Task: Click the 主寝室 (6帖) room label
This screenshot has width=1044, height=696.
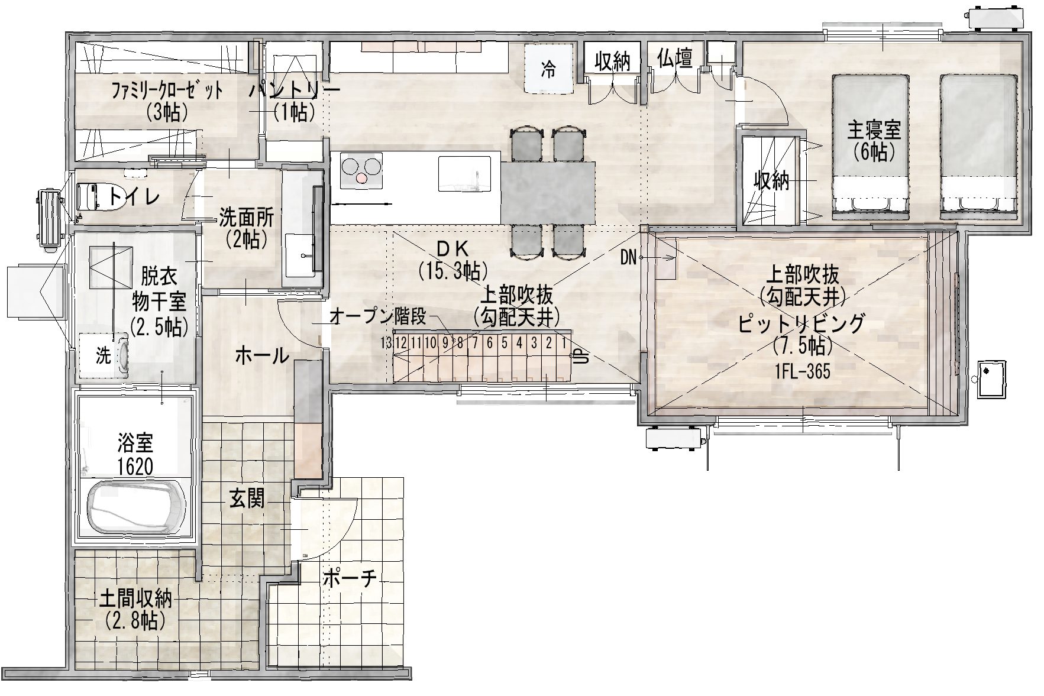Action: pyautogui.click(x=874, y=141)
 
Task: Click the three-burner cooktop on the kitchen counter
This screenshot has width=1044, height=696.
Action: pyautogui.click(x=361, y=171)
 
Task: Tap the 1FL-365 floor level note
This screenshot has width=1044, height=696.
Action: pyautogui.click(x=802, y=371)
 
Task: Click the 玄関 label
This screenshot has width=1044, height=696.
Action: pyautogui.click(x=247, y=500)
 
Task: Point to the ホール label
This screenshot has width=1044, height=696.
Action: pyautogui.click(x=262, y=356)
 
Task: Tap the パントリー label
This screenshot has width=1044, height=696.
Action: pyautogui.click(x=294, y=90)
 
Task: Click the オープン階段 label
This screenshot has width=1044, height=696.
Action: pyautogui.click(x=377, y=316)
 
